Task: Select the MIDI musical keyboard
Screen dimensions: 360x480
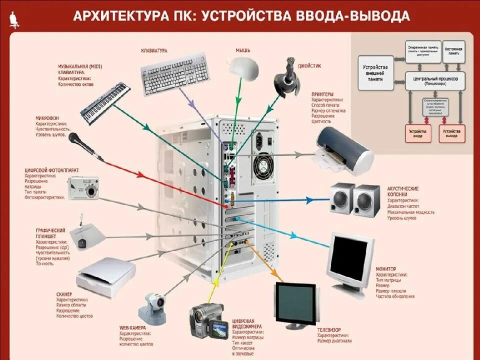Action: click(x=105, y=103)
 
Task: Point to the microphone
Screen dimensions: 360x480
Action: click(x=85, y=146)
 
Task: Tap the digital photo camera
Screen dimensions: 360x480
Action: click(x=84, y=186)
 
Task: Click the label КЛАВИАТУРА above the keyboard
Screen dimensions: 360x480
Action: click(x=154, y=51)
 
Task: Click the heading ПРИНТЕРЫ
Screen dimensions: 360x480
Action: click(x=322, y=93)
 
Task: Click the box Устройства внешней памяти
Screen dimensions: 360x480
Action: click(x=376, y=73)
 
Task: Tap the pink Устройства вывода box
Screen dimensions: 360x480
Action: click(x=451, y=133)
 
